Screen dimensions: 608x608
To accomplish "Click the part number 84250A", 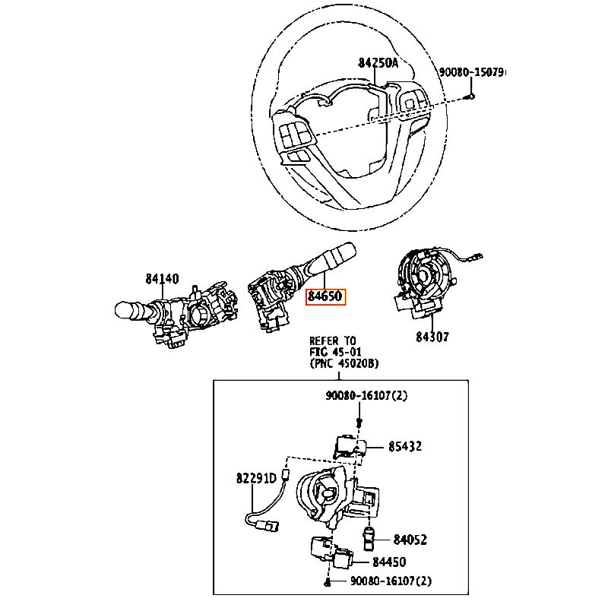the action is coord(378,63).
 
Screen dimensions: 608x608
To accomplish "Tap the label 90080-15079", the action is coord(472,72).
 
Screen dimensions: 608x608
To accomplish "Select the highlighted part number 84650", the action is coord(325,296).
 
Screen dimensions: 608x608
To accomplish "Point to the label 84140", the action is coord(162,278).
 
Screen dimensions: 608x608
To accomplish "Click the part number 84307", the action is coord(432,337).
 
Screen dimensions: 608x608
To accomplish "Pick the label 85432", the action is coord(405,446).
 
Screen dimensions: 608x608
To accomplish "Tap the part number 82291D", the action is coord(256,478).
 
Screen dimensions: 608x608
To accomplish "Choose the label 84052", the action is coord(410,540).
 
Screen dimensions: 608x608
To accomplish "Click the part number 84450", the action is coord(389,562).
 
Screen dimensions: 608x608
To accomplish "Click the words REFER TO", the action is coord(333,340).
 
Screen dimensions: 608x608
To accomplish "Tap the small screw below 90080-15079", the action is coord(471,96).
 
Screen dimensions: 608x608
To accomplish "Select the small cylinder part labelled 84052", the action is coord(368,538).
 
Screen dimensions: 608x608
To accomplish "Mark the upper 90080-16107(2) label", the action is coord(366,395).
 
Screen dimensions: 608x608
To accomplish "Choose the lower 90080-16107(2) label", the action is coord(391,581).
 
